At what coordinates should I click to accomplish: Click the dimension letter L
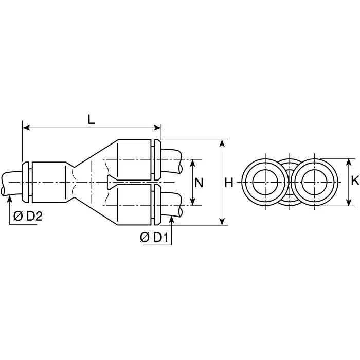pos(91,119)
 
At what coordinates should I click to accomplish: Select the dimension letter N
pos(200,183)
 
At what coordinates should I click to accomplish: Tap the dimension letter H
pos(229,183)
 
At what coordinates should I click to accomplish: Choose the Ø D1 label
pos(154,237)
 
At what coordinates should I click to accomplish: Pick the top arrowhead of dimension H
pos(222,142)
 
